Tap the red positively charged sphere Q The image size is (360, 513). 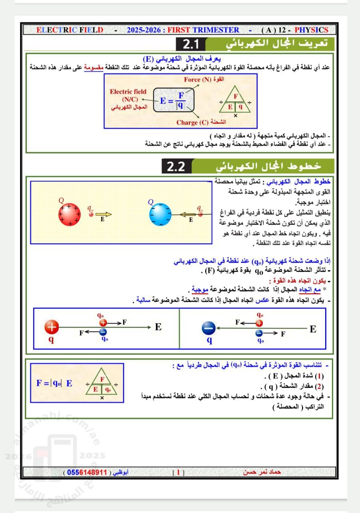point(70,214)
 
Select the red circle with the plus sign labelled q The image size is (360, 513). point(52,328)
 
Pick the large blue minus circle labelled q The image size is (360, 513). point(209,328)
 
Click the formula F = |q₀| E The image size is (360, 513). point(55,383)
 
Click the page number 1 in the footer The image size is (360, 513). point(178,472)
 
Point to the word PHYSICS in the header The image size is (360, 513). point(311,30)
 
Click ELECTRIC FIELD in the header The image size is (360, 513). point(70,30)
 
